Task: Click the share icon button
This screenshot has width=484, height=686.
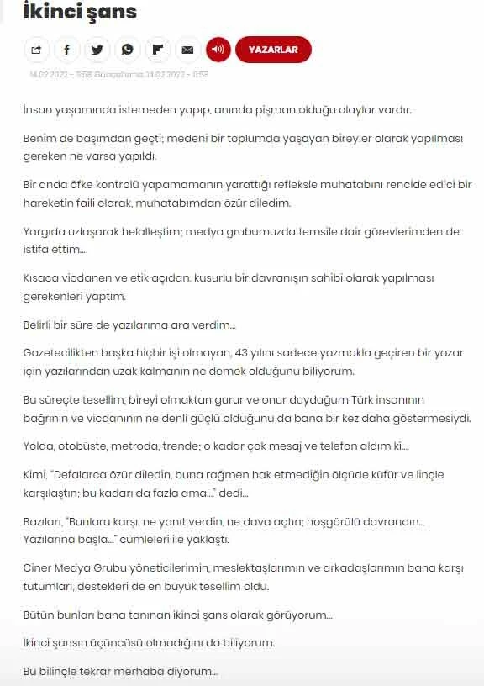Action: pyautogui.click(x=36, y=50)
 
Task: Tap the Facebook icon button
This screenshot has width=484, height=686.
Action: pyautogui.click(x=66, y=50)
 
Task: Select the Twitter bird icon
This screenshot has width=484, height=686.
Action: pyautogui.click(x=97, y=50)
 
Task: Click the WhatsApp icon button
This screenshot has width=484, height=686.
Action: pyautogui.click(x=127, y=50)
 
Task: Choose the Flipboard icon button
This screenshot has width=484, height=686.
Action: pyautogui.click(x=157, y=50)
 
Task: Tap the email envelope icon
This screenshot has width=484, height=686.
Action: pyautogui.click(x=187, y=50)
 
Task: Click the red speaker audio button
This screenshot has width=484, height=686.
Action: pyautogui.click(x=218, y=50)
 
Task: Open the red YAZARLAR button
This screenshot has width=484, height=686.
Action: pyautogui.click(x=273, y=50)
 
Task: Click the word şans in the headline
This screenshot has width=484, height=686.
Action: pyautogui.click(x=113, y=12)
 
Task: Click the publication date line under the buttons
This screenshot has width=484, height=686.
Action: pyautogui.click(x=118, y=74)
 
